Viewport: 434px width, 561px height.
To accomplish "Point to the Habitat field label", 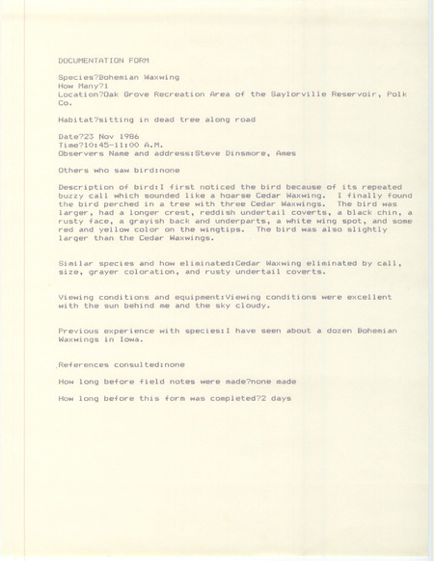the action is tap(76, 120).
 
